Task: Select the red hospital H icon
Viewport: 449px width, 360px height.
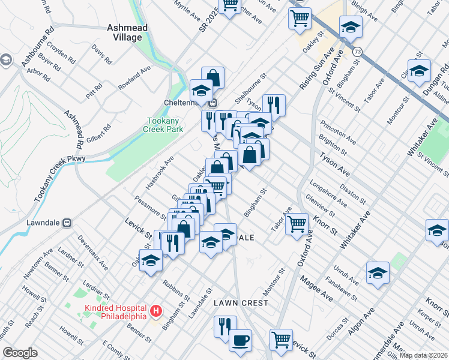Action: point(155,311)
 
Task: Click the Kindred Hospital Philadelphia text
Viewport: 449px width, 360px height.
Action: point(114,312)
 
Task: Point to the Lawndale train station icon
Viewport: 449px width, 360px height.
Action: point(67,222)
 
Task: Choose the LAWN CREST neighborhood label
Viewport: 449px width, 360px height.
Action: point(241,303)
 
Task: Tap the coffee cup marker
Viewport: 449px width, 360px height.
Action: point(240,340)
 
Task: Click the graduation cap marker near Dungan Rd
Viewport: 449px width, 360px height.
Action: point(418,71)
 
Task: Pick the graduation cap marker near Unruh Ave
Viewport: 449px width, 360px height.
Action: point(378,272)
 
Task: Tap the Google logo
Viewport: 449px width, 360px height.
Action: point(20,353)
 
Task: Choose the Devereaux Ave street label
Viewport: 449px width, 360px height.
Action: point(92,253)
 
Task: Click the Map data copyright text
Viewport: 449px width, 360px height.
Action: point(423,355)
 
